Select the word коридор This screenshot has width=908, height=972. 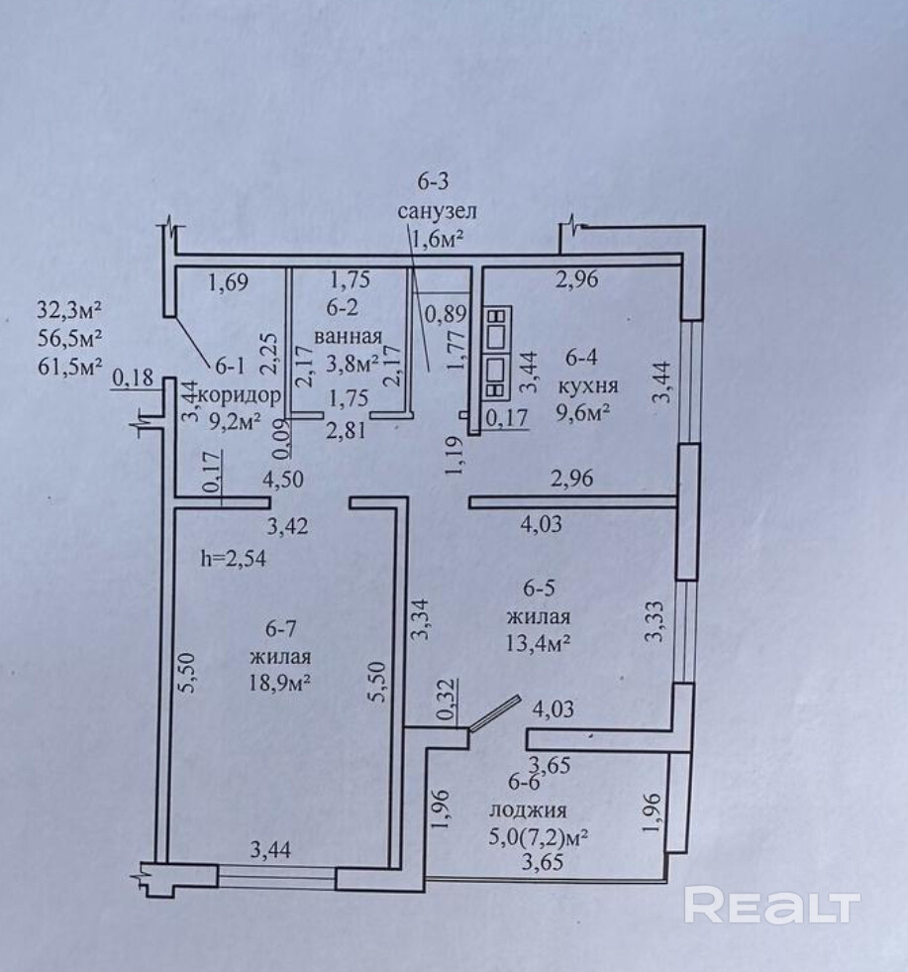[240, 396]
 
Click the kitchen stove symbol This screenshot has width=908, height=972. [497, 356]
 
